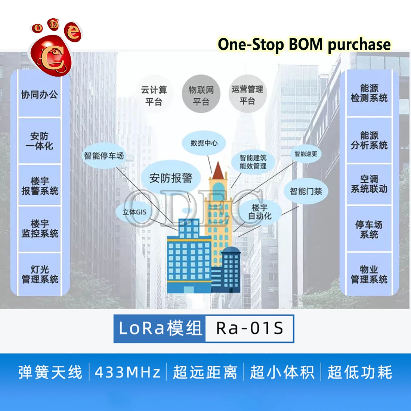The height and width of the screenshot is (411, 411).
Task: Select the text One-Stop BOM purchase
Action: [x=304, y=44]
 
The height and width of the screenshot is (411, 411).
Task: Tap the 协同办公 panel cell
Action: [x=40, y=95]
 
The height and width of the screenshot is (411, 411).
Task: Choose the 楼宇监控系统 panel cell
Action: [x=40, y=229]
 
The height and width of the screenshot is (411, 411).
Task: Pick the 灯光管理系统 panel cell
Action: [x=40, y=274]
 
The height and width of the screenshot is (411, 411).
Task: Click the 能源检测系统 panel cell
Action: [x=369, y=93]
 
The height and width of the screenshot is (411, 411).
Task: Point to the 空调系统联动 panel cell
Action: [x=369, y=184]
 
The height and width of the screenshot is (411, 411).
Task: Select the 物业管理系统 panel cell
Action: [x=369, y=274]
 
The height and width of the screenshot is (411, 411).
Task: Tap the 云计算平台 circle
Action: [x=154, y=96]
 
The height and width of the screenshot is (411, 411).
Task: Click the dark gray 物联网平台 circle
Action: [x=201, y=96]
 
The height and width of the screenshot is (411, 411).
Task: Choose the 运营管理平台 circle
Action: [x=247, y=95]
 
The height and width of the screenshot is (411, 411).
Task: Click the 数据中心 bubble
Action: [x=204, y=143]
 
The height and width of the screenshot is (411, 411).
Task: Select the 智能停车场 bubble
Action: [x=104, y=156]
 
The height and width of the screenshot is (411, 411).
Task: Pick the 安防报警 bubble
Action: [x=171, y=178]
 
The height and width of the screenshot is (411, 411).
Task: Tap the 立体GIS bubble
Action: [x=135, y=212]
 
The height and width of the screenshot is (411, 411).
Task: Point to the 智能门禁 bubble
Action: [x=306, y=191]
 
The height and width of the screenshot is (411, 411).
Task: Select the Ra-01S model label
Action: [x=250, y=328]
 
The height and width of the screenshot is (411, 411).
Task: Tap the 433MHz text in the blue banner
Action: [x=127, y=373]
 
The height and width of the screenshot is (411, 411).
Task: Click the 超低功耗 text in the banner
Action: [x=360, y=373]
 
